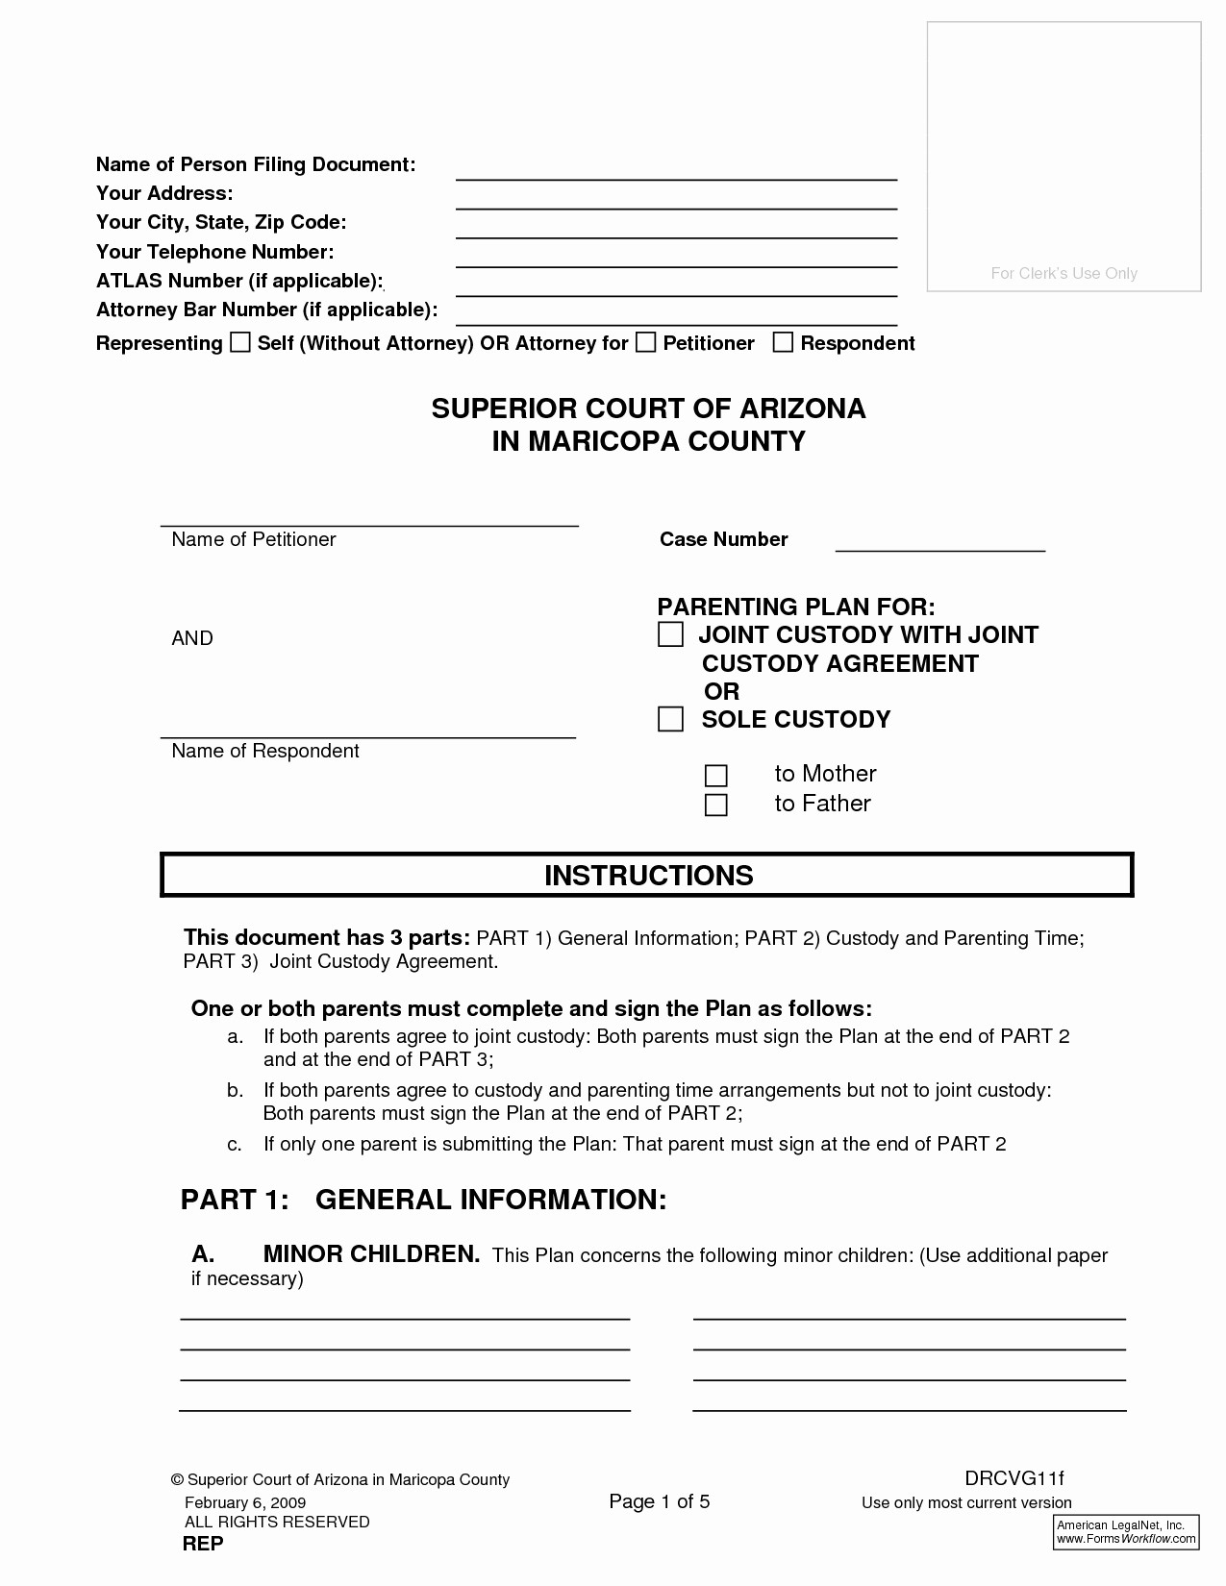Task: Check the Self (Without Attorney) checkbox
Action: pyautogui.click(x=239, y=343)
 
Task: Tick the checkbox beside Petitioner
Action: pyautogui.click(x=646, y=343)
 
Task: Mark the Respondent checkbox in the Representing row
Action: pyautogui.click(x=784, y=343)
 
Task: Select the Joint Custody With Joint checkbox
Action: pyautogui.click(x=670, y=635)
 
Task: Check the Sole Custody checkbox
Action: pyautogui.click(x=670, y=720)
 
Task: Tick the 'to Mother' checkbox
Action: pyautogui.click(x=716, y=776)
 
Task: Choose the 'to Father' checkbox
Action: pyautogui.click(x=716, y=805)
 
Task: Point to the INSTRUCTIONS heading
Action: pyautogui.click(x=648, y=876)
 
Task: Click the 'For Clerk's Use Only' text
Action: pyautogui.click(x=1063, y=274)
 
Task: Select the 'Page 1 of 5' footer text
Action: pyautogui.click(x=660, y=1502)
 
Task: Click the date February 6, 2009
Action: pyautogui.click(x=245, y=1502)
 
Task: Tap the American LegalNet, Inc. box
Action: pyautogui.click(x=1127, y=1532)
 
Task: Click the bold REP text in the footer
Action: pyautogui.click(x=203, y=1544)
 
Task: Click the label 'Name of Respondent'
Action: pyautogui.click(x=264, y=752)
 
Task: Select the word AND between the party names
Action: pyautogui.click(x=192, y=639)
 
